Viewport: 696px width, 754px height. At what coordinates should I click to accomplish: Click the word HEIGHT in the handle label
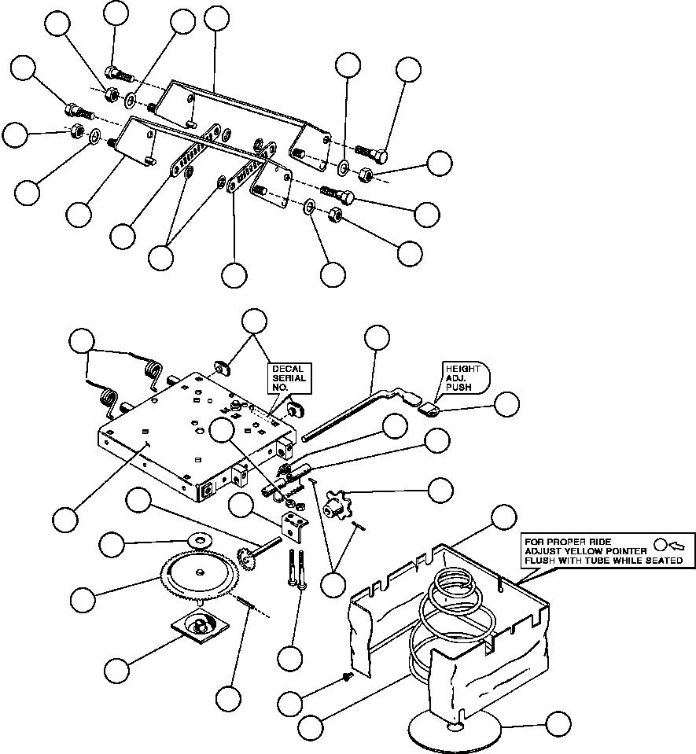462,368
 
